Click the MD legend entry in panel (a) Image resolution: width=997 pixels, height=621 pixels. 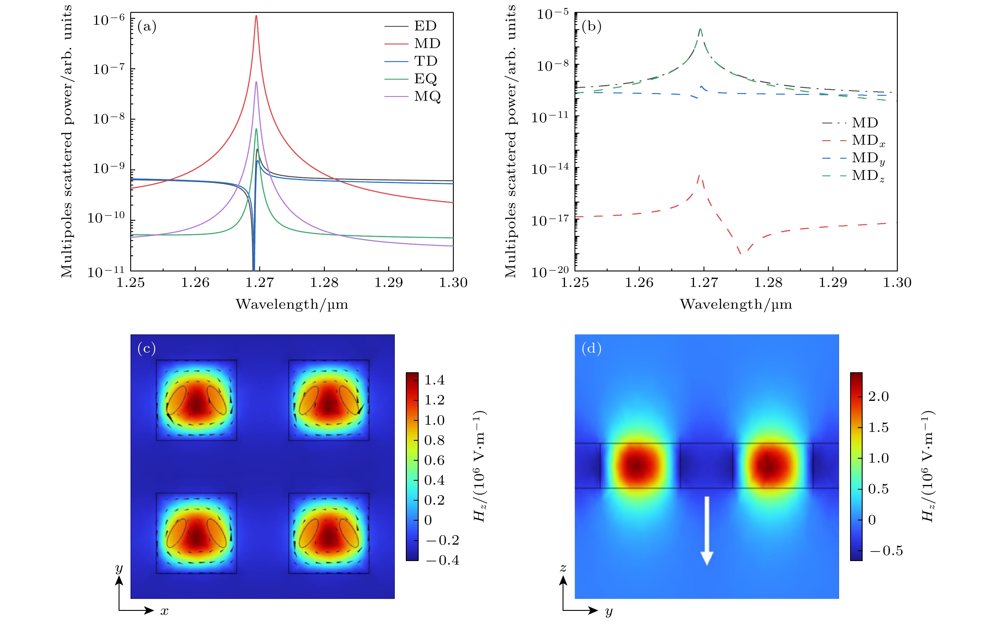pyautogui.click(x=427, y=43)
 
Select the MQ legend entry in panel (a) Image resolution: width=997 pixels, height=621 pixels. pyautogui.click(x=427, y=96)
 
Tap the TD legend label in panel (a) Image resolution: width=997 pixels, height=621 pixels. pyautogui.click(x=426, y=61)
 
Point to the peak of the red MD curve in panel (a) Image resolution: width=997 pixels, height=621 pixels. pyautogui.click(x=257, y=16)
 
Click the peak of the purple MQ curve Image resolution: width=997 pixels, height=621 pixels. pyautogui.click(x=257, y=82)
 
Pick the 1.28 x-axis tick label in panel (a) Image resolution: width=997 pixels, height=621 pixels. pyautogui.click(x=324, y=282)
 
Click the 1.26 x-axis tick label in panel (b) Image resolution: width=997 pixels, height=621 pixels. pyautogui.click(x=639, y=282)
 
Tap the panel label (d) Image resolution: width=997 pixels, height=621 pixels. pyautogui.click(x=591, y=348)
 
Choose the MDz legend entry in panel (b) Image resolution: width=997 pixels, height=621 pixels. pyautogui.click(x=868, y=176)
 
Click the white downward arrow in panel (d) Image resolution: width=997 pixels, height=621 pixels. pyautogui.click(x=706, y=530)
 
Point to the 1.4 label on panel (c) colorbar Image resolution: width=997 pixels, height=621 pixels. pyautogui.click(x=434, y=380)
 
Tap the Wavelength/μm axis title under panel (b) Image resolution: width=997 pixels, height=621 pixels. pyautogui.click(x=736, y=304)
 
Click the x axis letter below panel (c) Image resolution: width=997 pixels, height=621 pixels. pyautogui.click(x=164, y=611)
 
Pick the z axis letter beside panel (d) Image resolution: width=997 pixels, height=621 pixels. pyautogui.click(x=563, y=568)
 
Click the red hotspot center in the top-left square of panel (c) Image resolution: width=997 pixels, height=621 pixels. pyautogui.click(x=197, y=404)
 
